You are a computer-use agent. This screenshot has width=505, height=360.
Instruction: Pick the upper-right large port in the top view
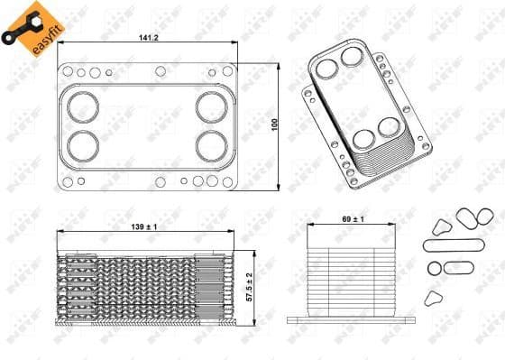coord(214,105)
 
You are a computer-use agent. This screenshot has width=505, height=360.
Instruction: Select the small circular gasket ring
coord(434,268)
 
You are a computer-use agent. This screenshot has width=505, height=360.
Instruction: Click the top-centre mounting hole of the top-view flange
coord(149,72)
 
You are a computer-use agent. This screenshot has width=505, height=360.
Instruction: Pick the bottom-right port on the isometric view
coord(389,127)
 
